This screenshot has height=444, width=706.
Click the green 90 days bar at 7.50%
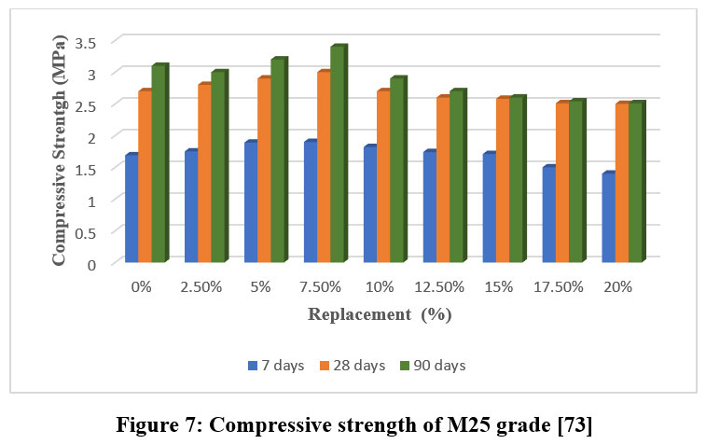click(x=337, y=155)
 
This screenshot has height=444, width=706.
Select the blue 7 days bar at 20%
click(x=608, y=218)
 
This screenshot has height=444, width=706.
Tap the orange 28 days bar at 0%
click(x=145, y=177)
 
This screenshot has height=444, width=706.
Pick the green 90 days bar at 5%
click(x=277, y=161)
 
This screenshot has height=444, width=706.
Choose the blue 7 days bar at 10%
click(x=369, y=205)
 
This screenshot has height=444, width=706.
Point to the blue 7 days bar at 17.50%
click(x=548, y=215)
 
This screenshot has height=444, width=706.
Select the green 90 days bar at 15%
click(x=516, y=180)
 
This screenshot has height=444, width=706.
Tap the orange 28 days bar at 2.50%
click(x=204, y=173)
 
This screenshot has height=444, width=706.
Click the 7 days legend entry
click(x=276, y=366)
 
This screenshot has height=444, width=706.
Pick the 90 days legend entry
click(x=430, y=366)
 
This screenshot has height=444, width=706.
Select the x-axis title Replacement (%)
click(x=381, y=315)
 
